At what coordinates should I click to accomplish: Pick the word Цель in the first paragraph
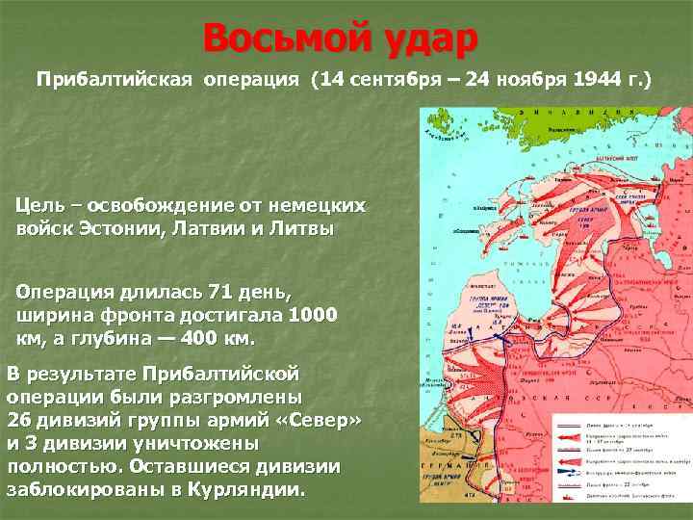click(41, 206)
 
